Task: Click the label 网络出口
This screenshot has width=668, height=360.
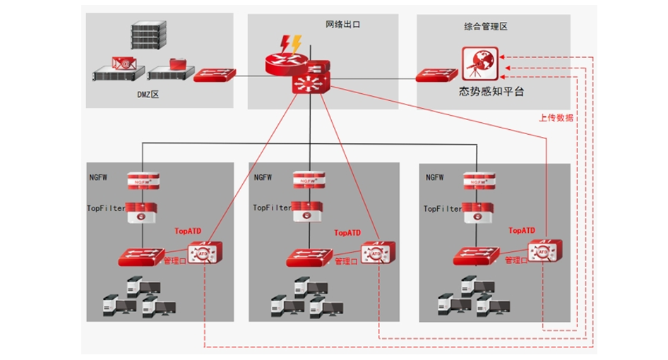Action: pyautogui.click(x=343, y=25)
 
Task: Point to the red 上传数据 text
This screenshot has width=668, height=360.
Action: pyautogui.click(x=556, y=118)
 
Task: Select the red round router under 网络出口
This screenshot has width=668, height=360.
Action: pyautogui.click(x=285, y=64)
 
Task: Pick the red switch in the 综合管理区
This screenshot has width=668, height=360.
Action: pyautogui.click(x=436, y=73)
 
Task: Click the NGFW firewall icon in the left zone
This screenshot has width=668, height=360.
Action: pyautogui.click(x=143, y=180)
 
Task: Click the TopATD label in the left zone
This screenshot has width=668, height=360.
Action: pyautogui.click(x=189, y=231)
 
